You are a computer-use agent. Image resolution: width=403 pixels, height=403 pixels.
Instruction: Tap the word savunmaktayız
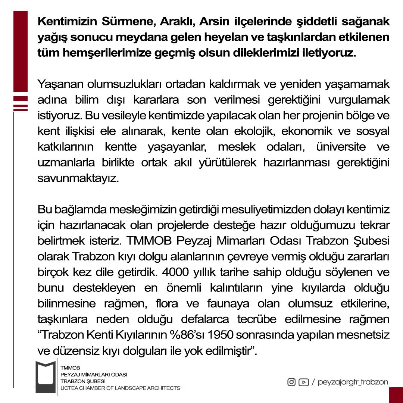click(x=78, y=178)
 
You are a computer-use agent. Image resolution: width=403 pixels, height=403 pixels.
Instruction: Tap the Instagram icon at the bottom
click(x=291, y=382)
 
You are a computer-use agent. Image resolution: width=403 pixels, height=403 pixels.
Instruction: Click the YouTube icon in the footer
click(x=304, y=382)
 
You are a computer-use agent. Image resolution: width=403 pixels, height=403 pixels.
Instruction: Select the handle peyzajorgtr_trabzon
click(x=353, y=382)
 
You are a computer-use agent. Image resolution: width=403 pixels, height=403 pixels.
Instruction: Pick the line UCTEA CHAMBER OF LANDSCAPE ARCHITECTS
click(x=120, y=388)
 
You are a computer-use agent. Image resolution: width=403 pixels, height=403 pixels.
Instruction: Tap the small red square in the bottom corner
click(x=396, y=395)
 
